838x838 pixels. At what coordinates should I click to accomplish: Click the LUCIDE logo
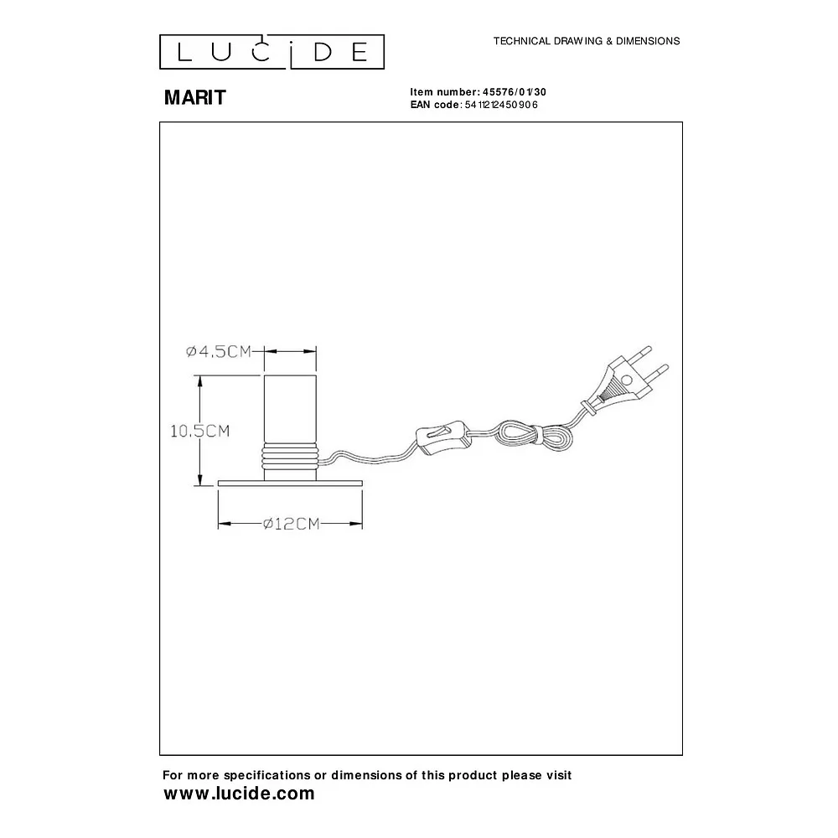coord(272,52)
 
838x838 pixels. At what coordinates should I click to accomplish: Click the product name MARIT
coord(195,97)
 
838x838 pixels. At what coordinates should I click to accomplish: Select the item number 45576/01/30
coord(515,92)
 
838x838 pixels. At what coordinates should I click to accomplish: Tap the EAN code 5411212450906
coord(501,105)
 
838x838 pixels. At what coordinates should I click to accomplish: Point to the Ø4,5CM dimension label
coord(219,351)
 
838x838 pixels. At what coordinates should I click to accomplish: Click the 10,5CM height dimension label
coord(200,431)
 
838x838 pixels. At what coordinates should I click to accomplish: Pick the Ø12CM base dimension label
coord(292,524)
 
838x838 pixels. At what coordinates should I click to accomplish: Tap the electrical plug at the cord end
coord(625,380)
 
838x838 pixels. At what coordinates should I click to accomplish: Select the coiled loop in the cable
coord(533,435)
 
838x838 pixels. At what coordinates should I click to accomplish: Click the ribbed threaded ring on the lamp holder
coord(290,456)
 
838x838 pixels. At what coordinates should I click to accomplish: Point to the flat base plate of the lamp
coord(290,484)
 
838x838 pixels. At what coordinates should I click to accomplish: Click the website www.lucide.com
coord(239,793)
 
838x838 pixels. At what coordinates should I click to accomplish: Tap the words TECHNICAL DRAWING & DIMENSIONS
coord(587,41)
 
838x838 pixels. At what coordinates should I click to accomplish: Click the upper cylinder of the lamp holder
coord(290,410)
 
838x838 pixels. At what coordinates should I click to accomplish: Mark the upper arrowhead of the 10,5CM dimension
coord(200,380)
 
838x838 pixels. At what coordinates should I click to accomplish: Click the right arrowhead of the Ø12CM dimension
coord(356,524)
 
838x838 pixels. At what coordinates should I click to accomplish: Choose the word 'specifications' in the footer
coord(267,775)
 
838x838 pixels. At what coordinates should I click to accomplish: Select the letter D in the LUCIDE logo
coord(323,52)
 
